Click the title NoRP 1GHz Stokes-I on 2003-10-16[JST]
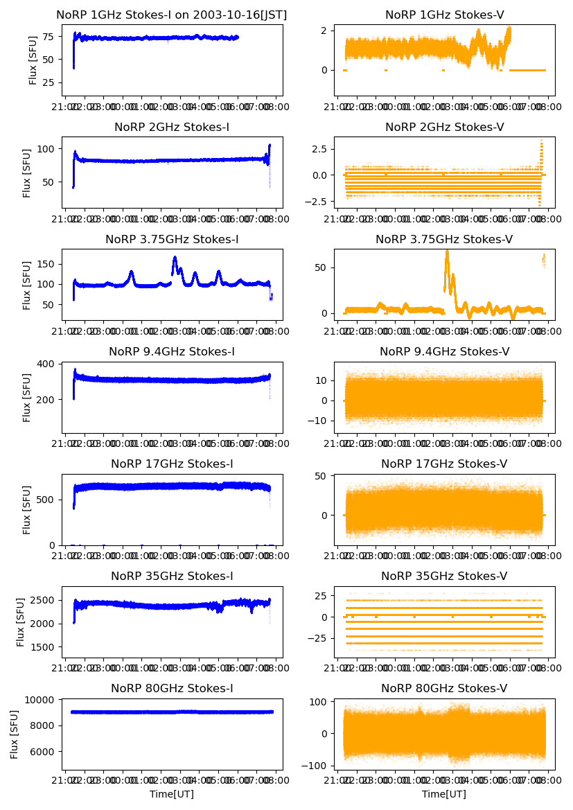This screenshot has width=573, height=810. point(172,15)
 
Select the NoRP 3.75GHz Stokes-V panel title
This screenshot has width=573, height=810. point(444,240)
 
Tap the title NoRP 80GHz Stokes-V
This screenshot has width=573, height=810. point(444,689)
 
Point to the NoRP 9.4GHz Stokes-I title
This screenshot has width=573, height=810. point(172,352)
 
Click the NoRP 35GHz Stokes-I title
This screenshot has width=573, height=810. point(172,576)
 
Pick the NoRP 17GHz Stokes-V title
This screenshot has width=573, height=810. point(444,464)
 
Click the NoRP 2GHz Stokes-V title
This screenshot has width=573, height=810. point(444,127)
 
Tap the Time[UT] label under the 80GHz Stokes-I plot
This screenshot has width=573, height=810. point(172,794)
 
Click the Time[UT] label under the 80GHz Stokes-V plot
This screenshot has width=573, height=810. point(444,794)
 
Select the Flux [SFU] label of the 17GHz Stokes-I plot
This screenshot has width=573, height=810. point(27,510)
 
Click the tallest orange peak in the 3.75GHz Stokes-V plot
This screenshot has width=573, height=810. point(447,251)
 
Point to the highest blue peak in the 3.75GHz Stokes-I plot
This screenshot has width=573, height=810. point(175,258)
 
